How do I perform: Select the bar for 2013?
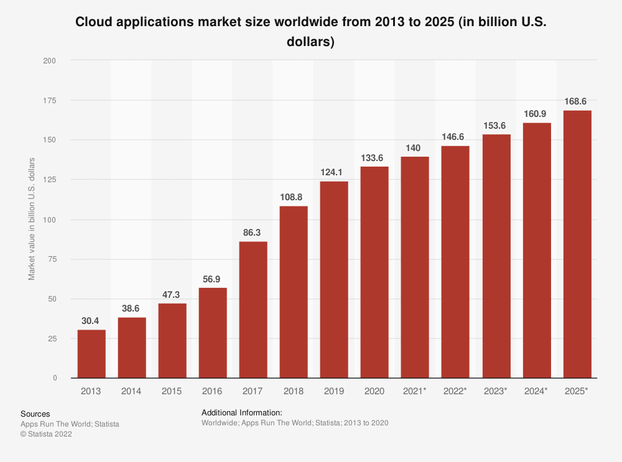(x=91, y=354)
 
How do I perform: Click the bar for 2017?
(x=253, y=310)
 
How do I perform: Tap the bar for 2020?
(x=374, y=272)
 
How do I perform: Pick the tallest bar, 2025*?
(x=577, y=244)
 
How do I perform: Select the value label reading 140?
(x=415, y=148)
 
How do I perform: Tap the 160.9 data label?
(x=537, y=114)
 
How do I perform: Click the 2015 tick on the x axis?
(x=172, y=391)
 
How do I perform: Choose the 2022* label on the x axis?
(x=455, y=391)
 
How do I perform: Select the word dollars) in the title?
(x=311, y=42)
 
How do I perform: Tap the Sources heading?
(x=35, y=413)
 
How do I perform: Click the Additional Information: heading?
(x=242, y=412)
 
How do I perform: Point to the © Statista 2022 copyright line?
(x=47, y=435)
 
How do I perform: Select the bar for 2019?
(x=334, y=280)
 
